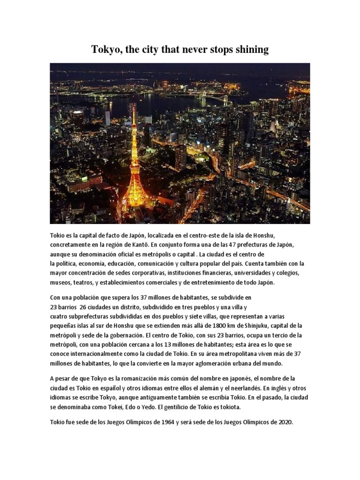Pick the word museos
click(x=60, y=283)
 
